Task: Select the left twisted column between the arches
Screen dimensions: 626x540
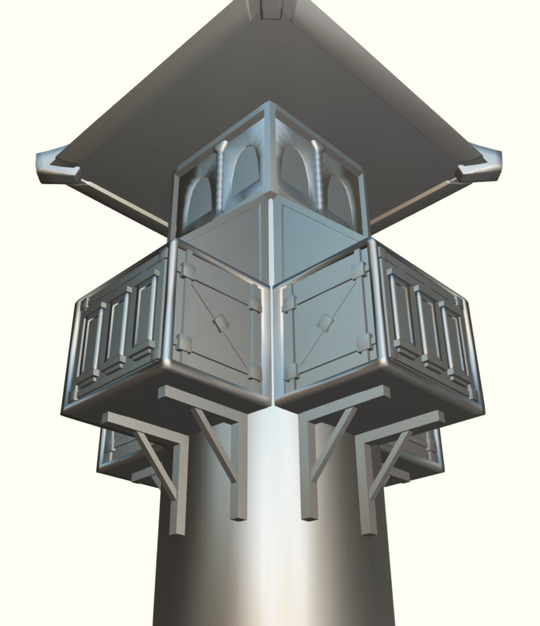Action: coord(220,177)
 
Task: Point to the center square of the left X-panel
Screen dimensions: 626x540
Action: coord(219,323)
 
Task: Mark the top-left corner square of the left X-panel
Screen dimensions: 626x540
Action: coord(189,271)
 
